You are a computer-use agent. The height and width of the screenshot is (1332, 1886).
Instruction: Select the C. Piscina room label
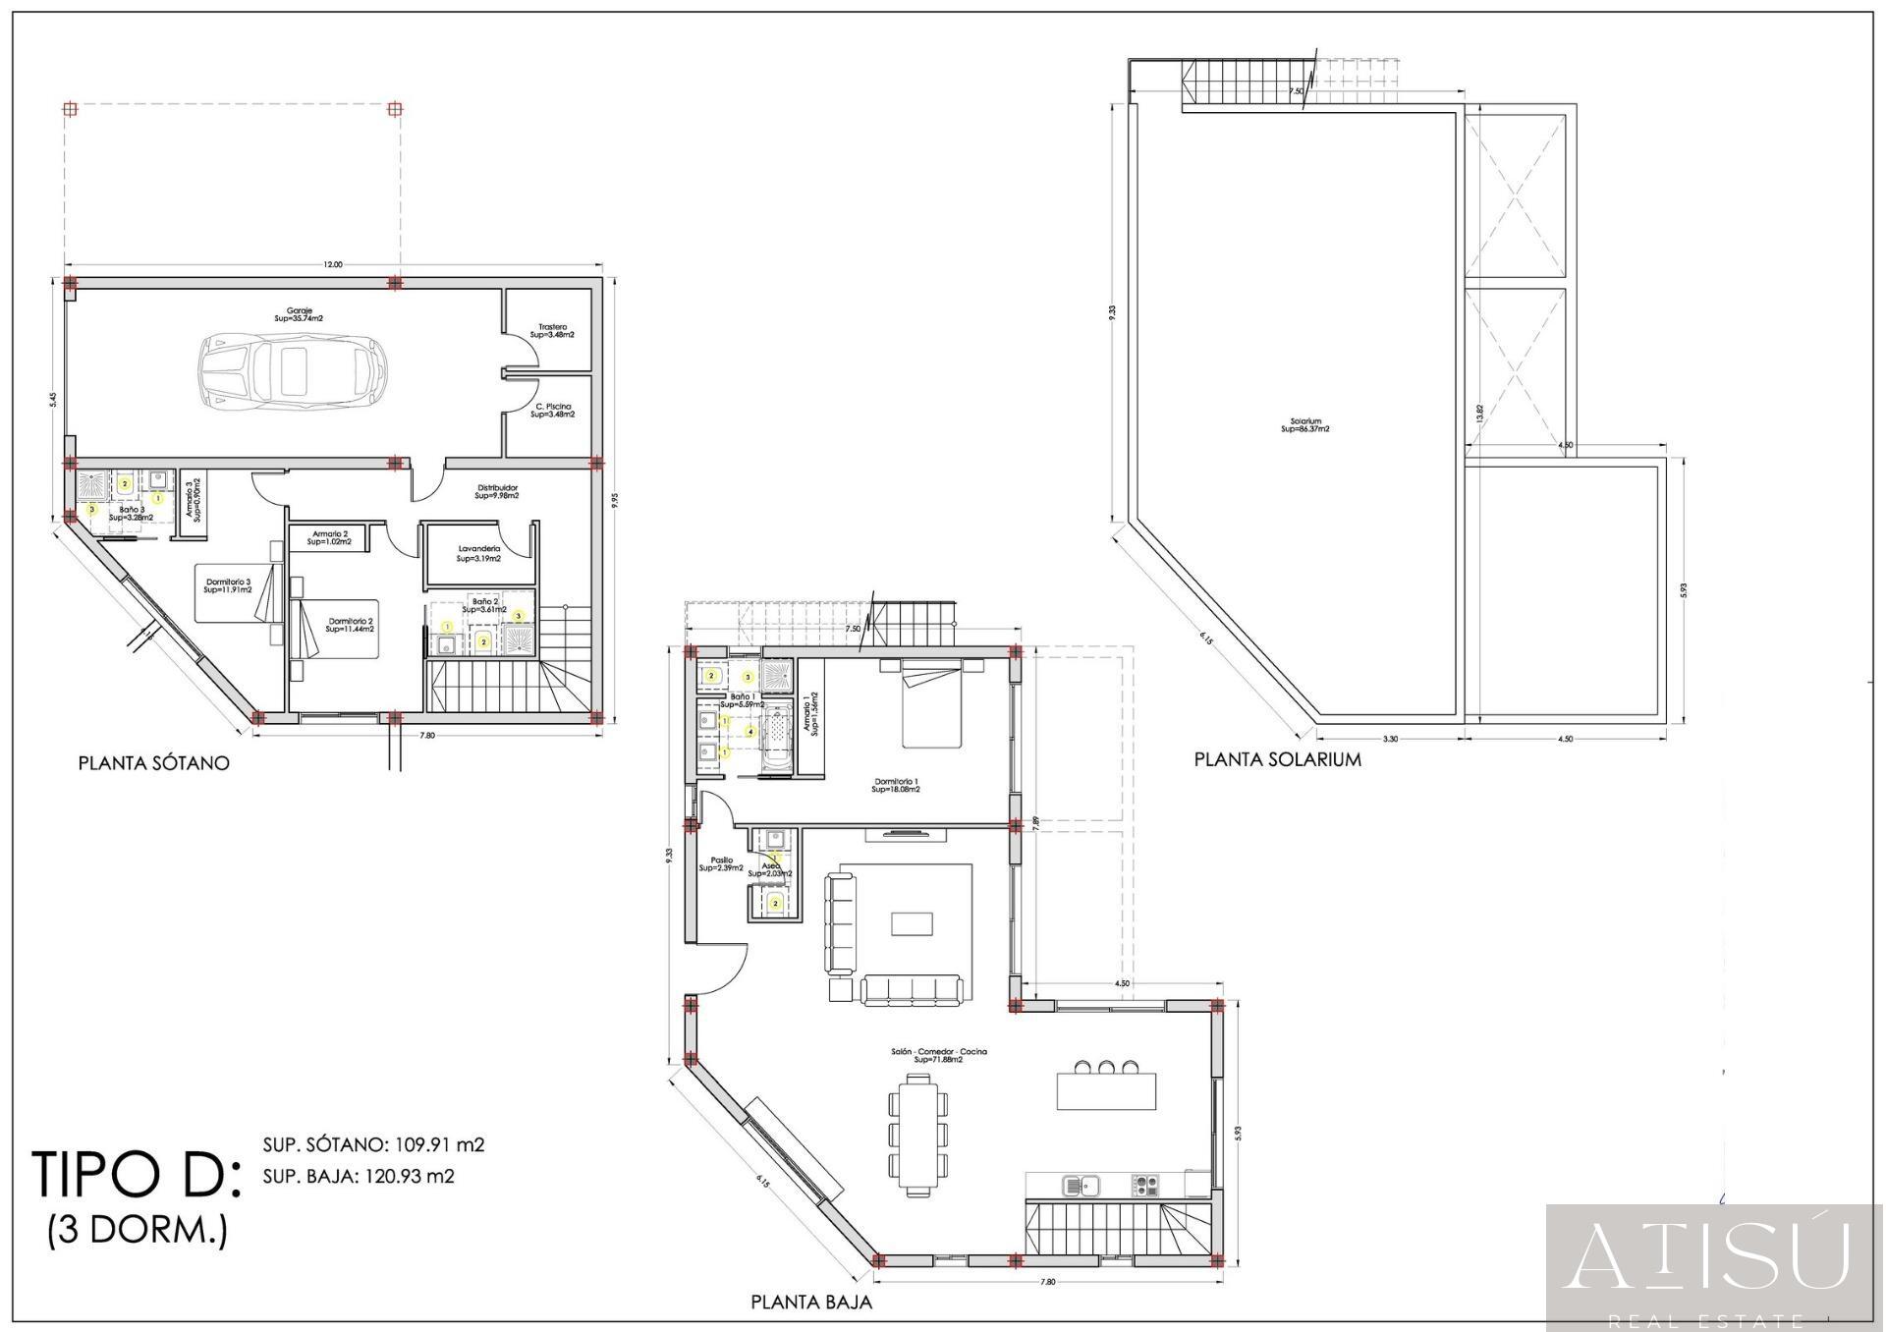click(553, 411)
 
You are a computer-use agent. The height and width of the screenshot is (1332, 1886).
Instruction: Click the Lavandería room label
click(479, 554)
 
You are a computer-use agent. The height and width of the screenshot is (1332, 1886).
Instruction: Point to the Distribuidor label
click(497, 491)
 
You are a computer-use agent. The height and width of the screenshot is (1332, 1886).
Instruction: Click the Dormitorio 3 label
click(228, 585)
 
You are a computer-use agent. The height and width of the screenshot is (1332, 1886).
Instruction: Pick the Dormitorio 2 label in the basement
click(350, 625)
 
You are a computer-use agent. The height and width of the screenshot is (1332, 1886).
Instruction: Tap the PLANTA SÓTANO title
click(154, 763)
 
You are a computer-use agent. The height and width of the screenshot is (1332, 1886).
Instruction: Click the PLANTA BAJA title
click(811, 1303)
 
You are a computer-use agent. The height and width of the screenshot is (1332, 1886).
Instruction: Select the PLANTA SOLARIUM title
click(1277, 759)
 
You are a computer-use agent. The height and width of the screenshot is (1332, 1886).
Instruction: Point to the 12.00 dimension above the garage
click(333, 264)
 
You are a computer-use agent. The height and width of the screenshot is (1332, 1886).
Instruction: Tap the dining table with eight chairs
click(919, 1134)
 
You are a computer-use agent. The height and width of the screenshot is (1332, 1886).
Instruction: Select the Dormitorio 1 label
click(896, 785)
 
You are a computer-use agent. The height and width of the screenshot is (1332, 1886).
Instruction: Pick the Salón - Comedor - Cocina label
click(938, 1055)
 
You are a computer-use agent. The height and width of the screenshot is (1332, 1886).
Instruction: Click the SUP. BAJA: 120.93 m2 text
click(359, 1176)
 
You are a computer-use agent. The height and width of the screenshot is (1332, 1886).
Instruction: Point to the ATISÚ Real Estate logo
click(1714, 1267)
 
